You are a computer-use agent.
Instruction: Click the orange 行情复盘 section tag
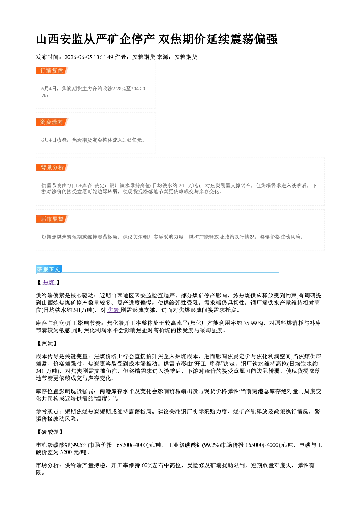point(52,70)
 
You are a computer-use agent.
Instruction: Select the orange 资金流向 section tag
point(52,122)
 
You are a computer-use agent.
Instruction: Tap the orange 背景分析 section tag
point(52,168)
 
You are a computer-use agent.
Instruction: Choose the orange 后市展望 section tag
point(52,219)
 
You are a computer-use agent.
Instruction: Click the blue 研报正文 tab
point(49,269)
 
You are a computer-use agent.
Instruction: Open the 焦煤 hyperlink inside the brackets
point(49,283)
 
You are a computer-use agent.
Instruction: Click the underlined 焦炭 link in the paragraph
point(114,310)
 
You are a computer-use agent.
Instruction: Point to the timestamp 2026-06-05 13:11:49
point(89,57)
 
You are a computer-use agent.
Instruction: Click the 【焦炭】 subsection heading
point(47,343)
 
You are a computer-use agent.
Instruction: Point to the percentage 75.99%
point(253,323)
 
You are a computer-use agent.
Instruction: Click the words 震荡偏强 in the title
point(254,39)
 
